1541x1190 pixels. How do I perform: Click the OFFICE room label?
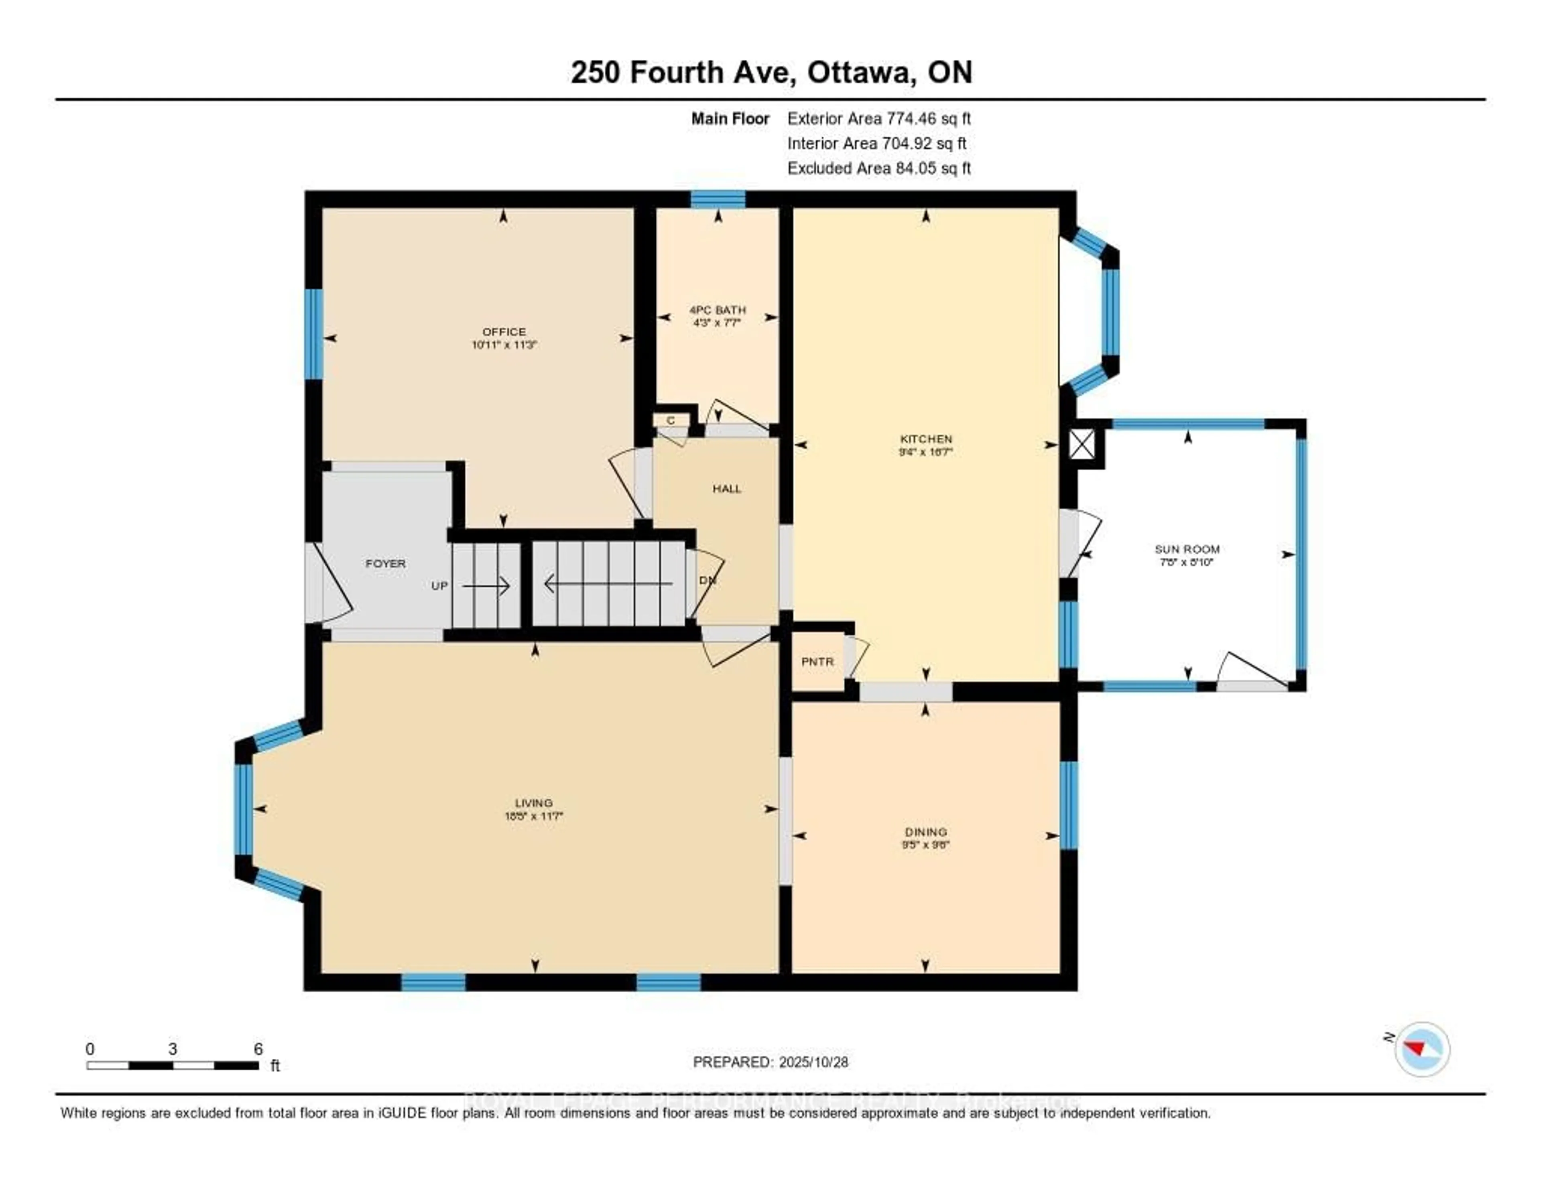point(504,331)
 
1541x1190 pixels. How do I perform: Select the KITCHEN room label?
point(926,439)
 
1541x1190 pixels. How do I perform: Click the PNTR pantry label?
point(817,662)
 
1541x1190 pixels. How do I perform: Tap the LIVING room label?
point(533,803)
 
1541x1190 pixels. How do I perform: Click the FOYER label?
point(385,564)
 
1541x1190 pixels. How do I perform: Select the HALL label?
point(727,488)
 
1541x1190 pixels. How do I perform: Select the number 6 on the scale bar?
point(258,1049)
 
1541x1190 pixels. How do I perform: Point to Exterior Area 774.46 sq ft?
point(878,118)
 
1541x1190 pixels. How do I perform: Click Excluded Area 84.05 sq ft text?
point(878,168)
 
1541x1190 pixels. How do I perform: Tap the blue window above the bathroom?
point(718,200)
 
